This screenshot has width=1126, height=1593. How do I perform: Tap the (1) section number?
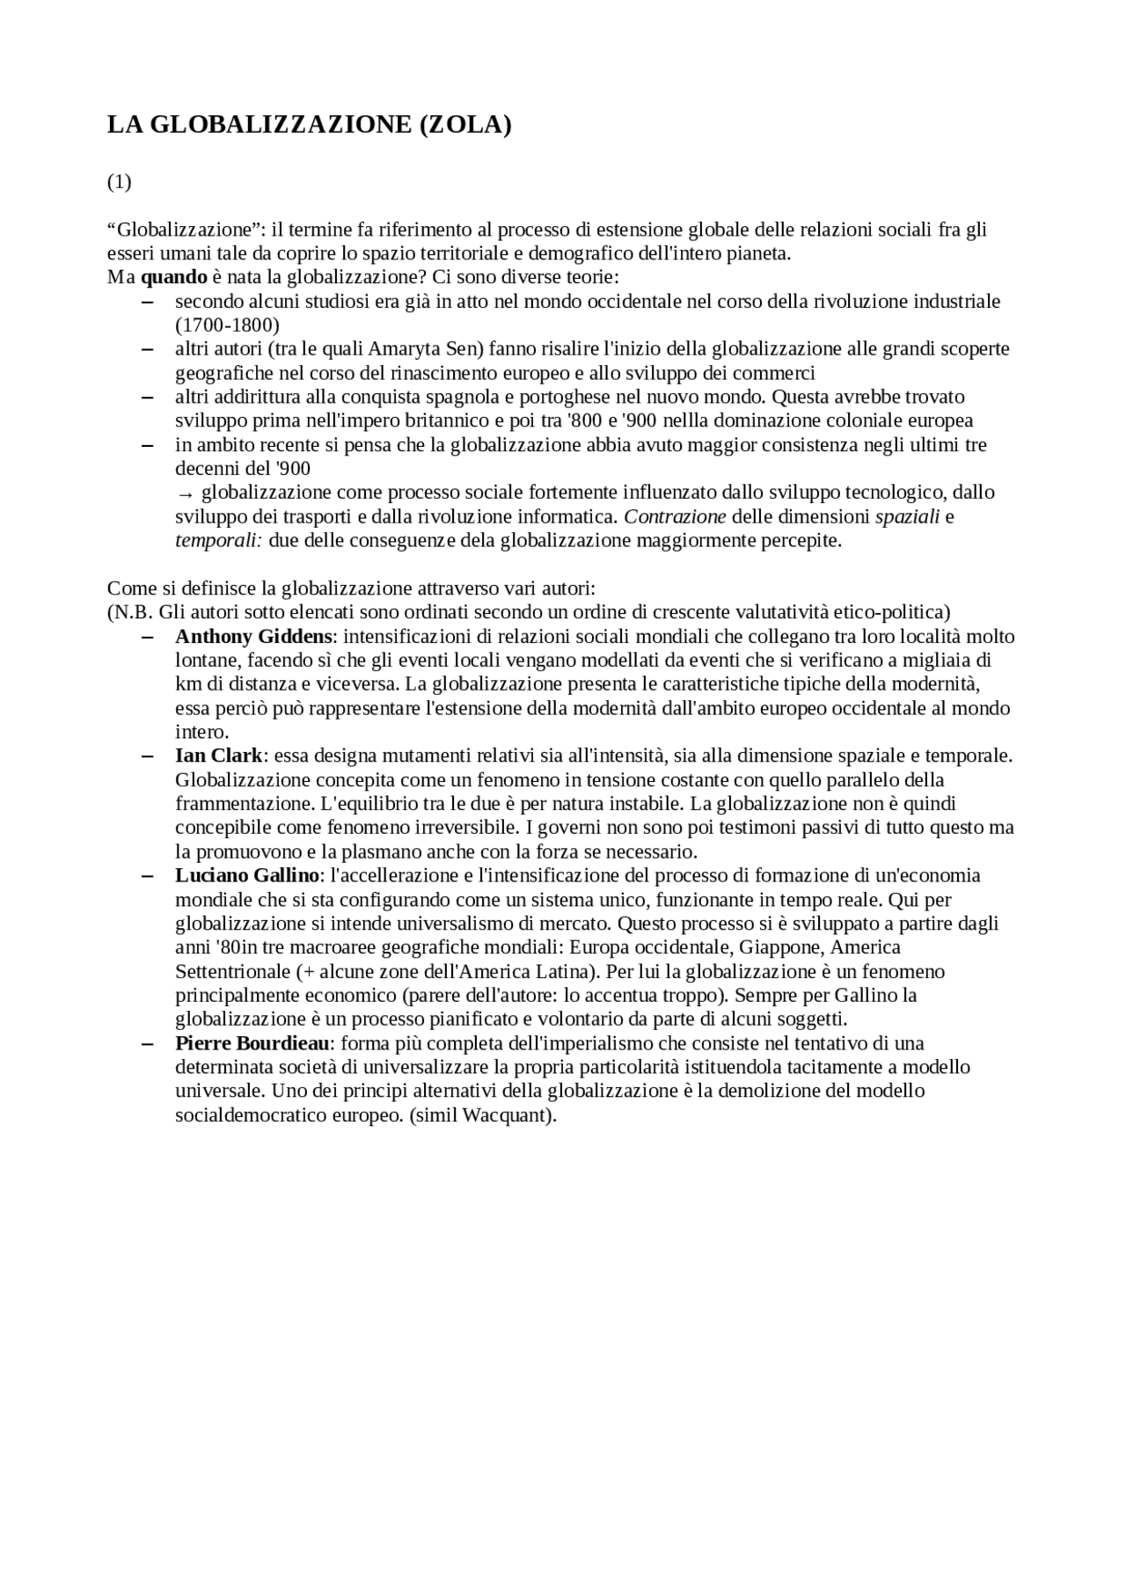click(x=119, y=182)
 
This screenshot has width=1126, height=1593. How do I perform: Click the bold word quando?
click(x=173, y=277)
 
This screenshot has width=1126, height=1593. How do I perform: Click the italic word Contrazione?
click(x=675, y=516)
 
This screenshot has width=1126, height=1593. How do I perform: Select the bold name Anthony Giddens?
click(x=253, y=636)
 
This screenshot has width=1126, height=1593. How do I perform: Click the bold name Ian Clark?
click(x=218, y=756)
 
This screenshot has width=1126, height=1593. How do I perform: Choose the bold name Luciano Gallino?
click(x=246, y=875)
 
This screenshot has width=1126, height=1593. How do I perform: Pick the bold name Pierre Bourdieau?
click(x=252, y=1043)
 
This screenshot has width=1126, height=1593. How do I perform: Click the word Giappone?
click(x=779, y=947)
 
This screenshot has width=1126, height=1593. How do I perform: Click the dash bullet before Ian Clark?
click(x=147, y=756)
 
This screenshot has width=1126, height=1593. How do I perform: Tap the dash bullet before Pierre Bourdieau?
click(x=147, y=1043)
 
